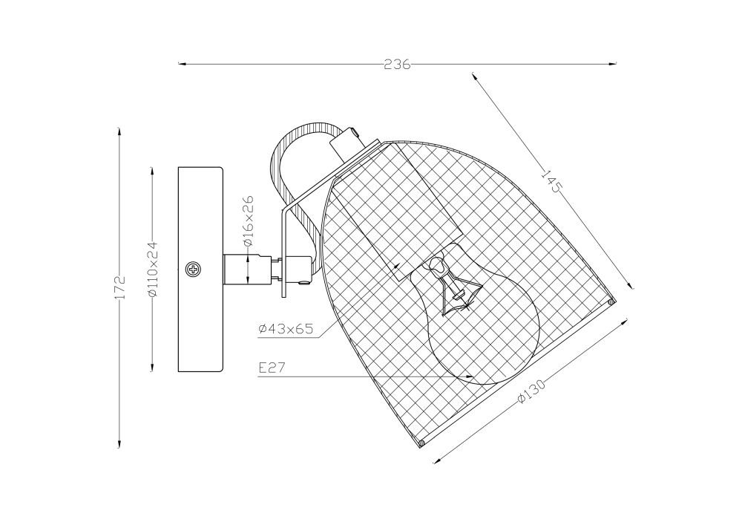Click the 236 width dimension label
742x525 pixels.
[397, 65]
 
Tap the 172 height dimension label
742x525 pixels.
[120, 286]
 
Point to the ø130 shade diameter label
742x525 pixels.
[531, 391]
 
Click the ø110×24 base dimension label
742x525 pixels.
[152, 270]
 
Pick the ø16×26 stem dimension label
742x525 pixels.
[249, 220]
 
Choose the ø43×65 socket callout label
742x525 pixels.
[286, 328]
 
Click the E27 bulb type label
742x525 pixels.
[272, 368]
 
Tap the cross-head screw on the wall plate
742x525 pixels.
[194, 270]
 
